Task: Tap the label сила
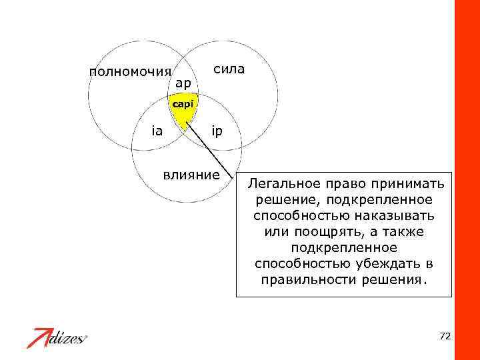tap(229, 69)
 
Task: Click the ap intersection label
tap(183, 84)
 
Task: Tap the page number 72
tap(445, 336)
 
